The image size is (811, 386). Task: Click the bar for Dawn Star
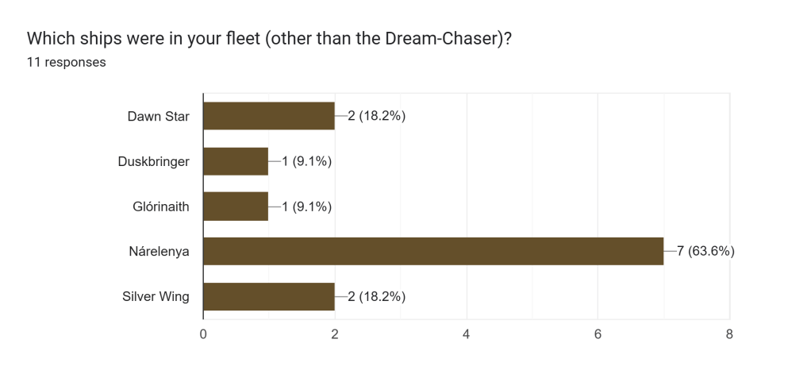[269, 116]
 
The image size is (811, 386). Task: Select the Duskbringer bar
[236, 161]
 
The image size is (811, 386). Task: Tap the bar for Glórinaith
[236, 207]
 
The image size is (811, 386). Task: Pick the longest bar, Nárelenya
[433, 252]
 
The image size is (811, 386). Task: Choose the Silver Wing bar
[269, 296]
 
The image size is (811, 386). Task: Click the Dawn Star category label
[159, 116]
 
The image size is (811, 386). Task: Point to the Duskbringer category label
[153, 161]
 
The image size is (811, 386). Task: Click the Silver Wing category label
[156, 296]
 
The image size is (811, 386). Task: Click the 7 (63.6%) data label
[705, 252]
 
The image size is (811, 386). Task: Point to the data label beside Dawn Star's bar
[377, 116]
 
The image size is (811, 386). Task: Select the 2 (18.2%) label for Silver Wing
[377, 296]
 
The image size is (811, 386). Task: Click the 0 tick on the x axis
[203, 335]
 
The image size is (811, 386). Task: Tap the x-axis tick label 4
[467, 335]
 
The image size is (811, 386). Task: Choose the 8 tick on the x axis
[729, 335]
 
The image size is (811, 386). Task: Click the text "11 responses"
[67, 62]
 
